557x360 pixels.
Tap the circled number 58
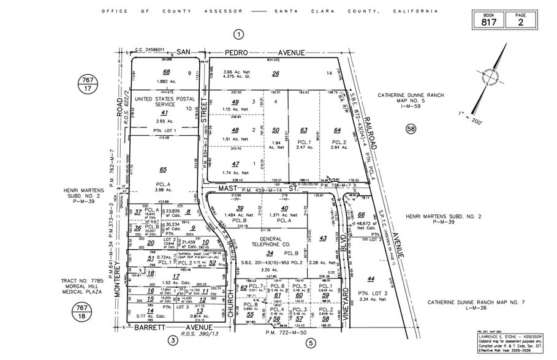410,129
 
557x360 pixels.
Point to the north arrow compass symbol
492,73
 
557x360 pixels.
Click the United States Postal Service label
164,101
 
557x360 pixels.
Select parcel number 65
163,170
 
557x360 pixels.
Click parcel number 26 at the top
276,74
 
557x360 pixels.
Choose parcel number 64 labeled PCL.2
337,130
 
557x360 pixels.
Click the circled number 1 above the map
239,34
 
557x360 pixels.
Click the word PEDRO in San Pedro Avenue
226,53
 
